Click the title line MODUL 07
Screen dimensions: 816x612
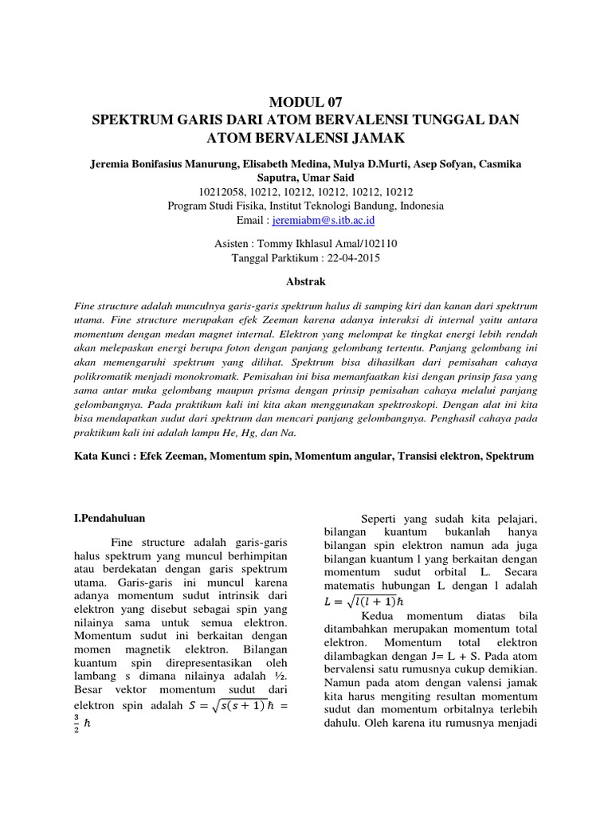(x=305, y=102)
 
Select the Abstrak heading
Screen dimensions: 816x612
(x=305, y=281)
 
